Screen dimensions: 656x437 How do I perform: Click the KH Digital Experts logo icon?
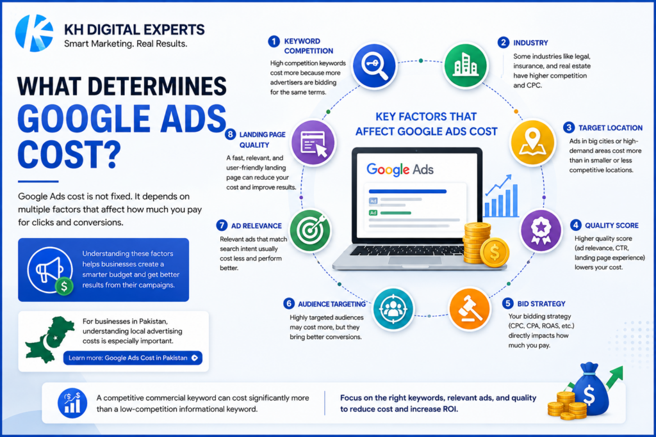tap(35, 33)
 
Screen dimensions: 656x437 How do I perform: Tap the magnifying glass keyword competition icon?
tap(374, 66)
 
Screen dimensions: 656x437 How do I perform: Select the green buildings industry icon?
tap(465, 66)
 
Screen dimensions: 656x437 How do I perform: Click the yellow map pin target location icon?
tap(532, 142)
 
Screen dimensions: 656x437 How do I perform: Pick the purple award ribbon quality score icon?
tap(541, 230)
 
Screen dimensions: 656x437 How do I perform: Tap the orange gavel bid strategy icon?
tap(470, 309)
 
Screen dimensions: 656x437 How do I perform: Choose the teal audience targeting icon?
tap(393, 309)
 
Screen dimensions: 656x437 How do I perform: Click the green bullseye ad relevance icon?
tap(310, 230)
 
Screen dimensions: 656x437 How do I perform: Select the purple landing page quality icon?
tap(313, 143)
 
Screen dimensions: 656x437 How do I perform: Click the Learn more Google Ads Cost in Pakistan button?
tap(133, 358)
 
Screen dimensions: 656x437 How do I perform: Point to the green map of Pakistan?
tap(49, 339)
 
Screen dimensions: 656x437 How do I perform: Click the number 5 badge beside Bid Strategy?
tap(508, 303)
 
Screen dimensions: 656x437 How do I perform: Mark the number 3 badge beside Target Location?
tap(569, 127)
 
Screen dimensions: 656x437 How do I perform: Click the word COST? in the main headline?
tap(69, 154)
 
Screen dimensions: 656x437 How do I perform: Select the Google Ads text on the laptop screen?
tap(400, 169)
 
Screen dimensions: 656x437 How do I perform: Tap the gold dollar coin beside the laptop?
tap(495, 252)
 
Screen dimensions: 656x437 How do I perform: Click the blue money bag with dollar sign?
tap(590, 390)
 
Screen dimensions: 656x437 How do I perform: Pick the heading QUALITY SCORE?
tap(612, 225)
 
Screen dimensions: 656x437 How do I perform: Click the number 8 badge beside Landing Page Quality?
tap(230, 134)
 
